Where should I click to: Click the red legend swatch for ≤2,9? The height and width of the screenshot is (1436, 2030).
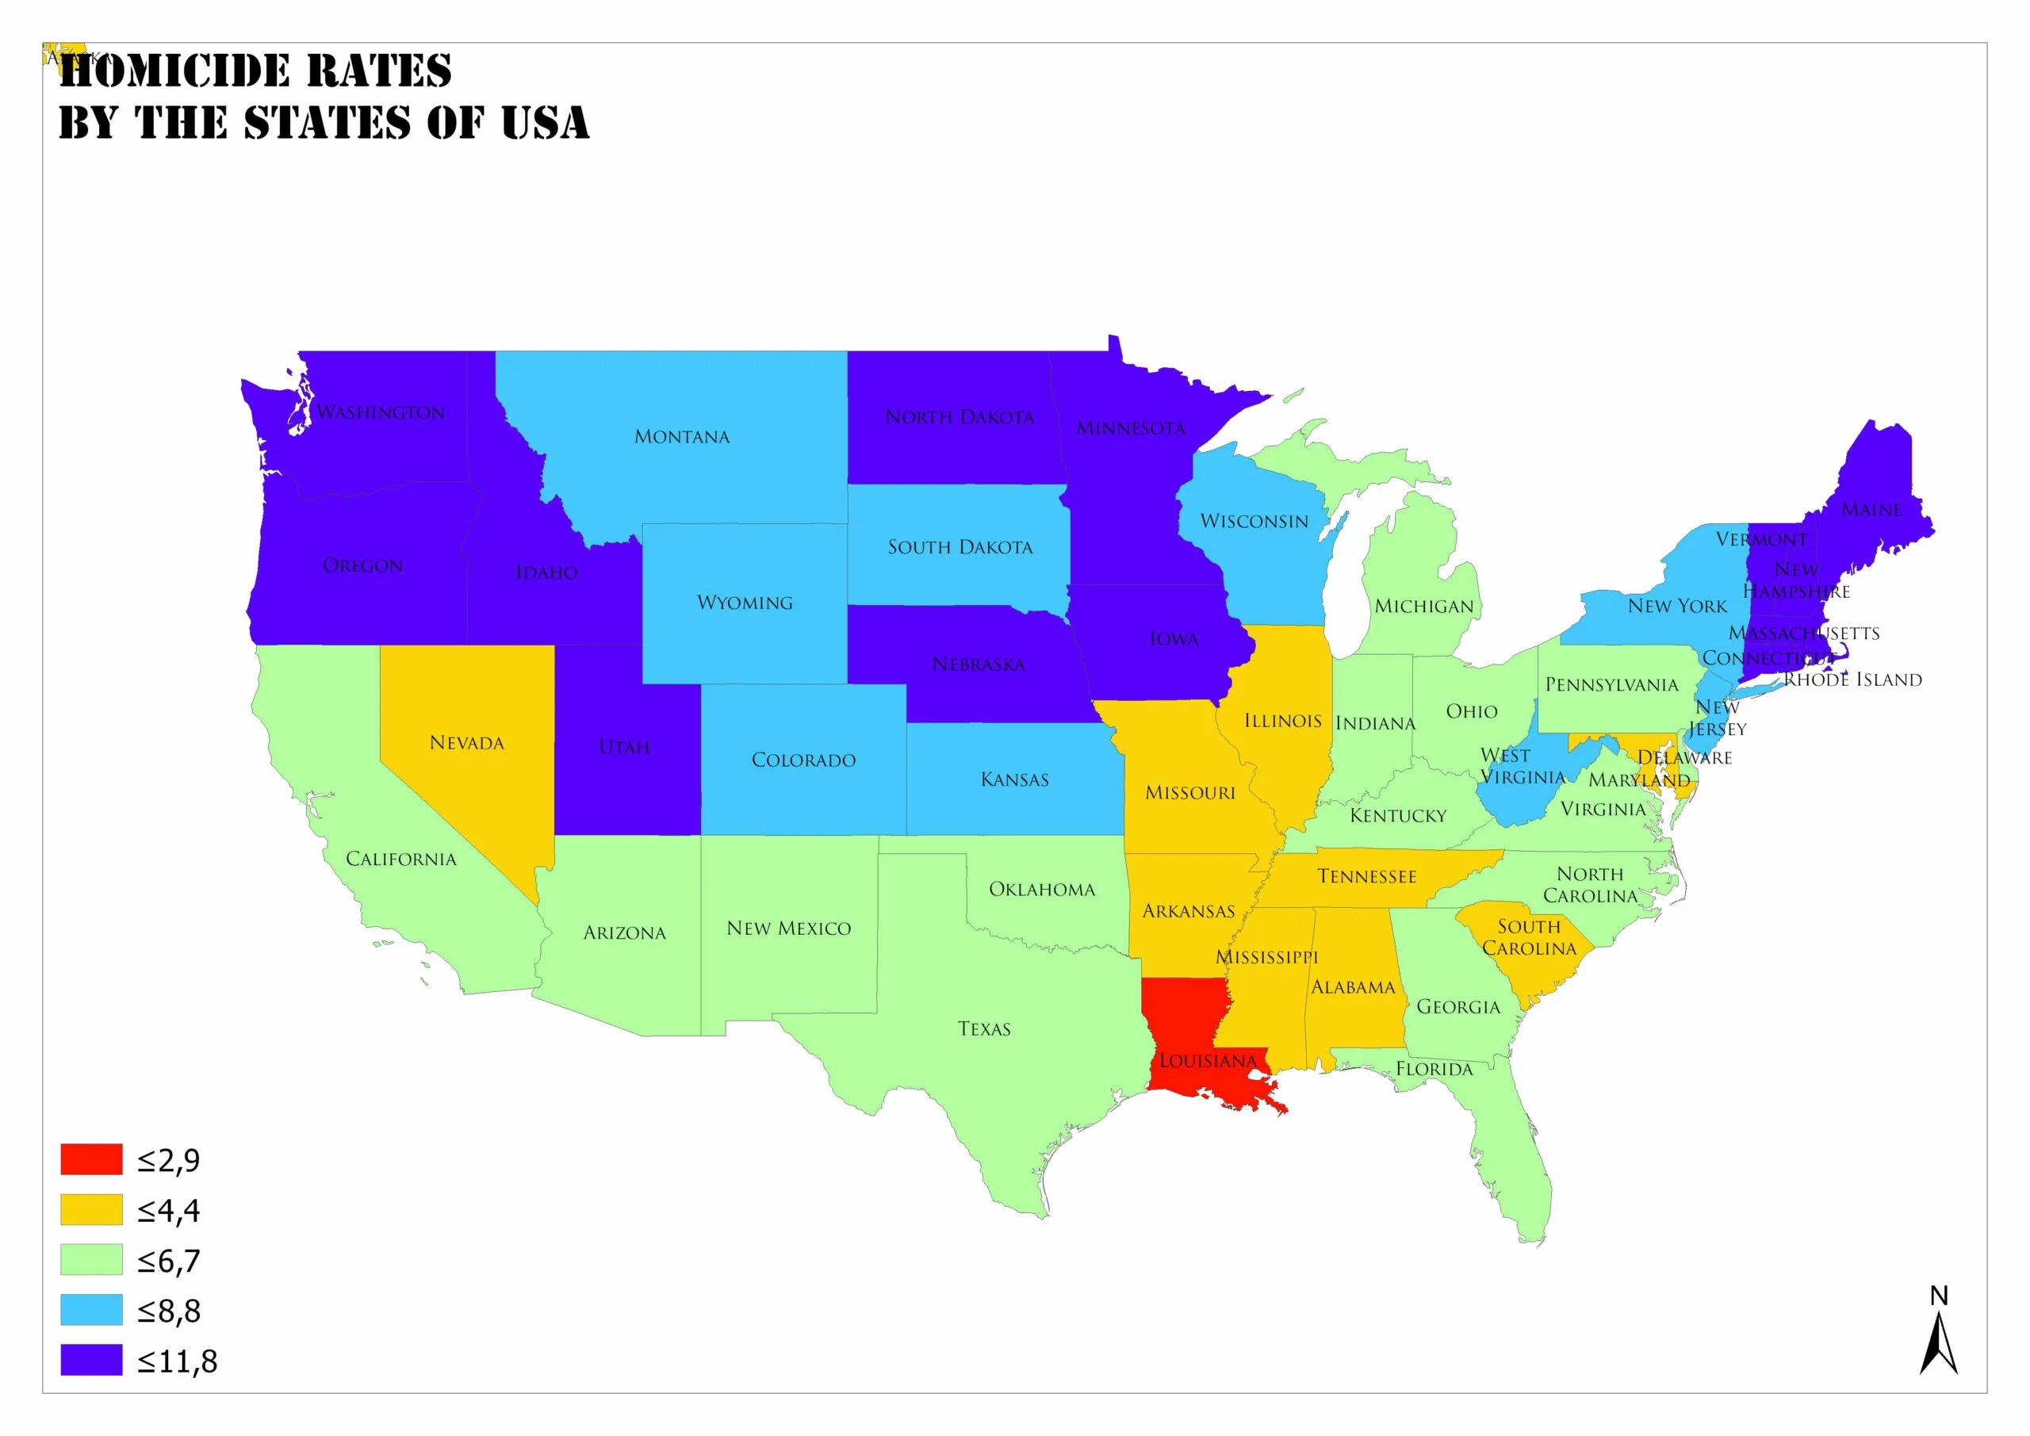pyautogui.click(x=91, y=1159)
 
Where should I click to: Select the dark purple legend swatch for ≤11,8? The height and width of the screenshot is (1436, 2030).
pyautogui.click(x=91, y=1360)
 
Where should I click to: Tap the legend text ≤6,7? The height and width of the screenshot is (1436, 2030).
pyautogui.click(x=169, y=1260)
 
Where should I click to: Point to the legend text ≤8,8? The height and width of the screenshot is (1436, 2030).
pyautogui.click(x=169, y=1311)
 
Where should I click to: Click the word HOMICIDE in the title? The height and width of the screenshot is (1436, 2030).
pyautogui.click(x=175, y=71)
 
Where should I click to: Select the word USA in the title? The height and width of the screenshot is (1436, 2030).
pyautogui.click(x=545, y=122)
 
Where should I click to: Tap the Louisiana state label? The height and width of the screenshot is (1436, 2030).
pyautogui.click(x=1208, y=1061)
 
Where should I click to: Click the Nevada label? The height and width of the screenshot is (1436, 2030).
pyautogui.click(x=467, y=743)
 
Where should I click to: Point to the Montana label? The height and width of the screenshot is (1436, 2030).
pyautogui.click(x=682, y=437)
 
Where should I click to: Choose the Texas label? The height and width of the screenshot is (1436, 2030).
pyautogui.click(x=984, y=1029)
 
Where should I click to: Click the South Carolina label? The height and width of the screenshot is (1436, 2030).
pyautogui.click(x=1529, y=937)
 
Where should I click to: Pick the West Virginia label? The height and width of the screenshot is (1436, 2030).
pyautogui.click(x=1522, y=767)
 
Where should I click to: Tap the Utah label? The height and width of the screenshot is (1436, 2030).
pyautogui.click(x=624, y=747)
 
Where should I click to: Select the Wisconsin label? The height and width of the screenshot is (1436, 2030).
pyautogui.click(x=1254, y=522)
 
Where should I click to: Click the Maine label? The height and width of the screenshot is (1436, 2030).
pyautogui.click(x=1871, y=510)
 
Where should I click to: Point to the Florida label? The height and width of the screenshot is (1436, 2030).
pyautogui.click(x=1434, y=1069)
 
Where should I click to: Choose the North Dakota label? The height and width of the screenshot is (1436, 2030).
pyautogui.click(x=959, y=417)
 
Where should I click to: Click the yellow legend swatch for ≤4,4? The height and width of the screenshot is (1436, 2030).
pyautogui.click(x=91, y=1210)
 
